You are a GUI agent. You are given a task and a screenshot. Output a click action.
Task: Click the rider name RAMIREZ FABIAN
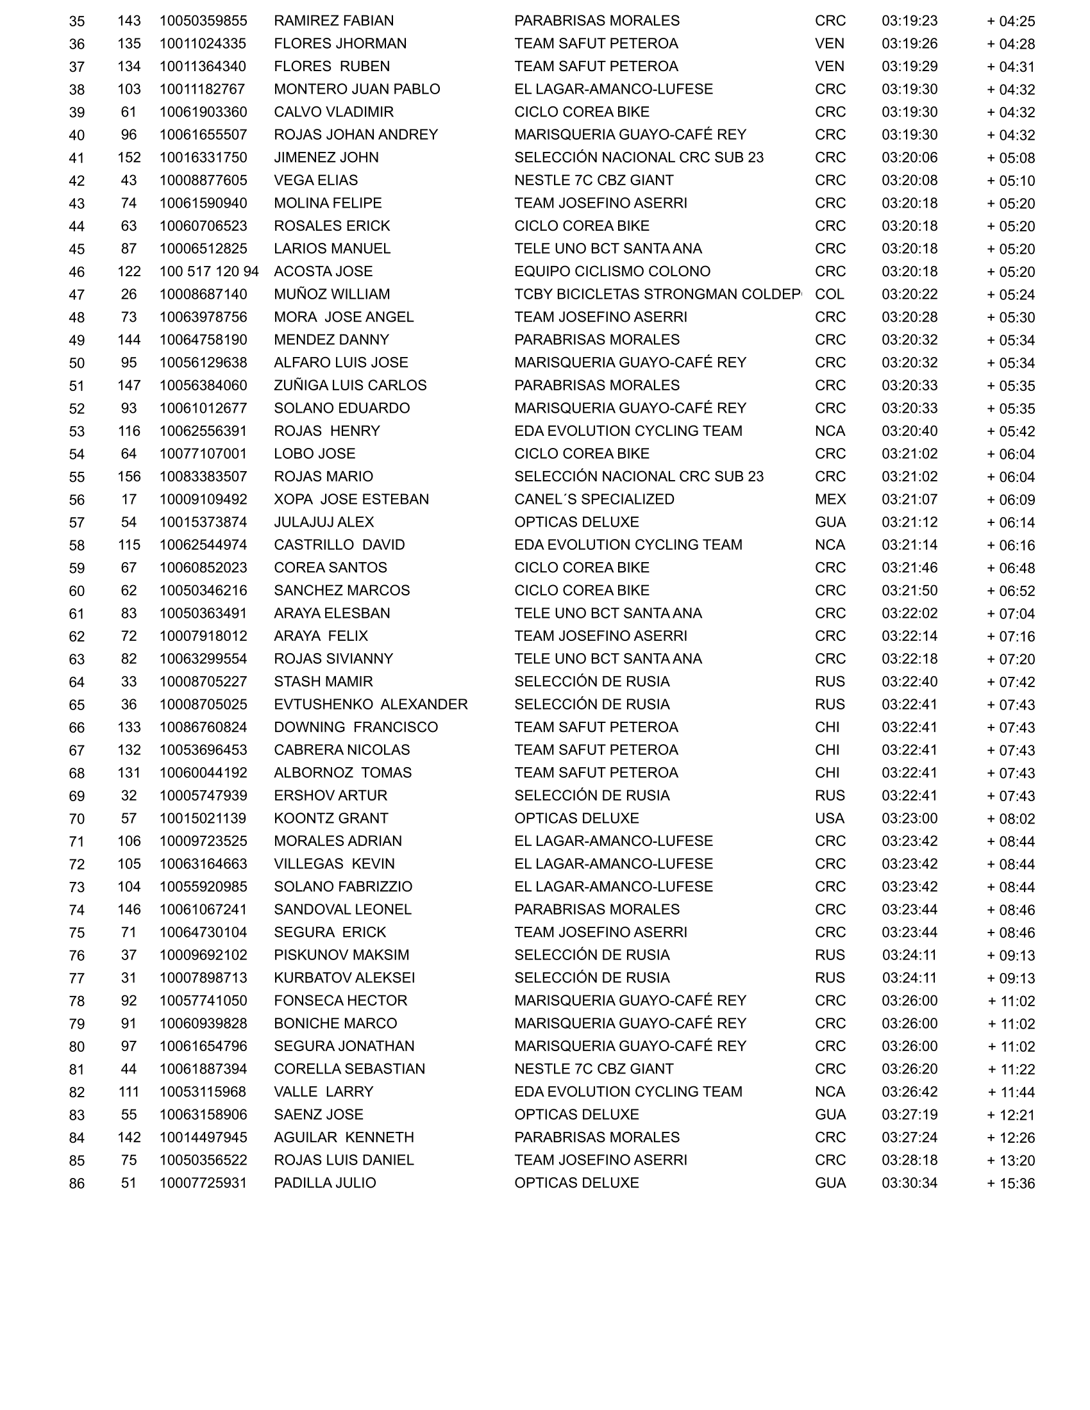point(333,21)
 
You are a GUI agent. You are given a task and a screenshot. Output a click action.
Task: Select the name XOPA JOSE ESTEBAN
point(351,499)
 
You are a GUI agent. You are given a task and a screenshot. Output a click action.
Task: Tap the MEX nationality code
point(830,499)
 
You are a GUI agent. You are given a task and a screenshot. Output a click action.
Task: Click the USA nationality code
point(829,818)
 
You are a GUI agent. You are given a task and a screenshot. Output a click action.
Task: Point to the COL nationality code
point(829,294)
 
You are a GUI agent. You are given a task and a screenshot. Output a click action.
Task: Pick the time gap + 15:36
point(1010,1183)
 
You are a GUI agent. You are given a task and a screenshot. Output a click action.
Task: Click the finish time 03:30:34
point(909,1182)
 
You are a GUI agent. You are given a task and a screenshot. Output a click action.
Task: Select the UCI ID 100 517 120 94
point(208,271)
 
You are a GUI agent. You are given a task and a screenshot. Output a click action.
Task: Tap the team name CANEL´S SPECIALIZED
point(594,499)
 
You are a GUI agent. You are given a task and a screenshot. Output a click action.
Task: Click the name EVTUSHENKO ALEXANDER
point(370,704)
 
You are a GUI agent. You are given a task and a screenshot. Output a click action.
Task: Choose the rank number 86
point(77,1183)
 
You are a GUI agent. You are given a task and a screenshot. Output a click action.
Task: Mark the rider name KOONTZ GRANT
point(331,818)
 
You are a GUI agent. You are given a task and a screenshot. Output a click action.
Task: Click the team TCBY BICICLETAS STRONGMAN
point(657,294)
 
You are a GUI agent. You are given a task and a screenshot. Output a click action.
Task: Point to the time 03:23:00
point(909,818)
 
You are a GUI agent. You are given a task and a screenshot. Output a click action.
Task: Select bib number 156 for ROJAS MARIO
point(129,476)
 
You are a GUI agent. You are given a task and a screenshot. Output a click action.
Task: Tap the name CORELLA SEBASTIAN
point(349,1068)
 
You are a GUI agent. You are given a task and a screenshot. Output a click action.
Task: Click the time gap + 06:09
point(1010,500)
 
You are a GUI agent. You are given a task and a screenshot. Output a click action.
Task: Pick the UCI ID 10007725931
point(203,1182)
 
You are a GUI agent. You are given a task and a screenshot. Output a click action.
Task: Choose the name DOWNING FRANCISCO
point(356,727)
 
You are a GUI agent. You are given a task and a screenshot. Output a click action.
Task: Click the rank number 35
point(77,21)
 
